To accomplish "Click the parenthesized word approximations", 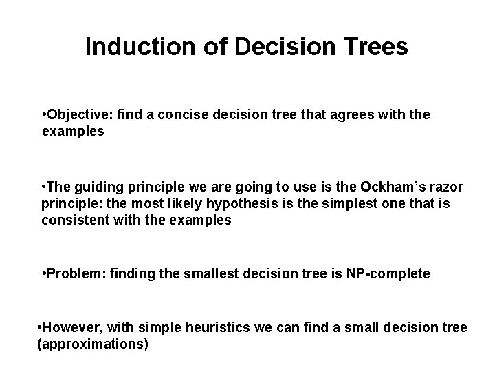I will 92,343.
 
